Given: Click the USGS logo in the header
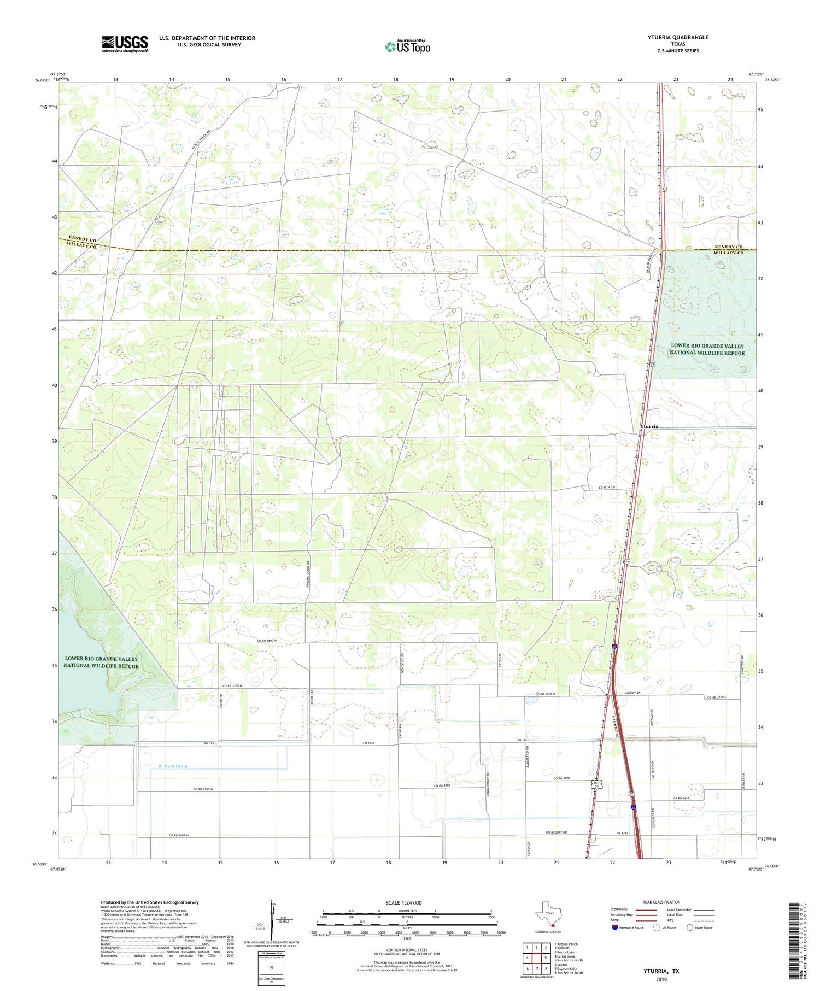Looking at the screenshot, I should [125, 44].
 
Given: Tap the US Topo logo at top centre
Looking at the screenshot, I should [407, 47].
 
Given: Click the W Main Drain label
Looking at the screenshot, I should [172, 766].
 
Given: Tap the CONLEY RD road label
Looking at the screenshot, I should [632, 694].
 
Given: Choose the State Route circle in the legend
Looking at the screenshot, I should [690, 928].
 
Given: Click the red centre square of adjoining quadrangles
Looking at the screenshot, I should [536, 958].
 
